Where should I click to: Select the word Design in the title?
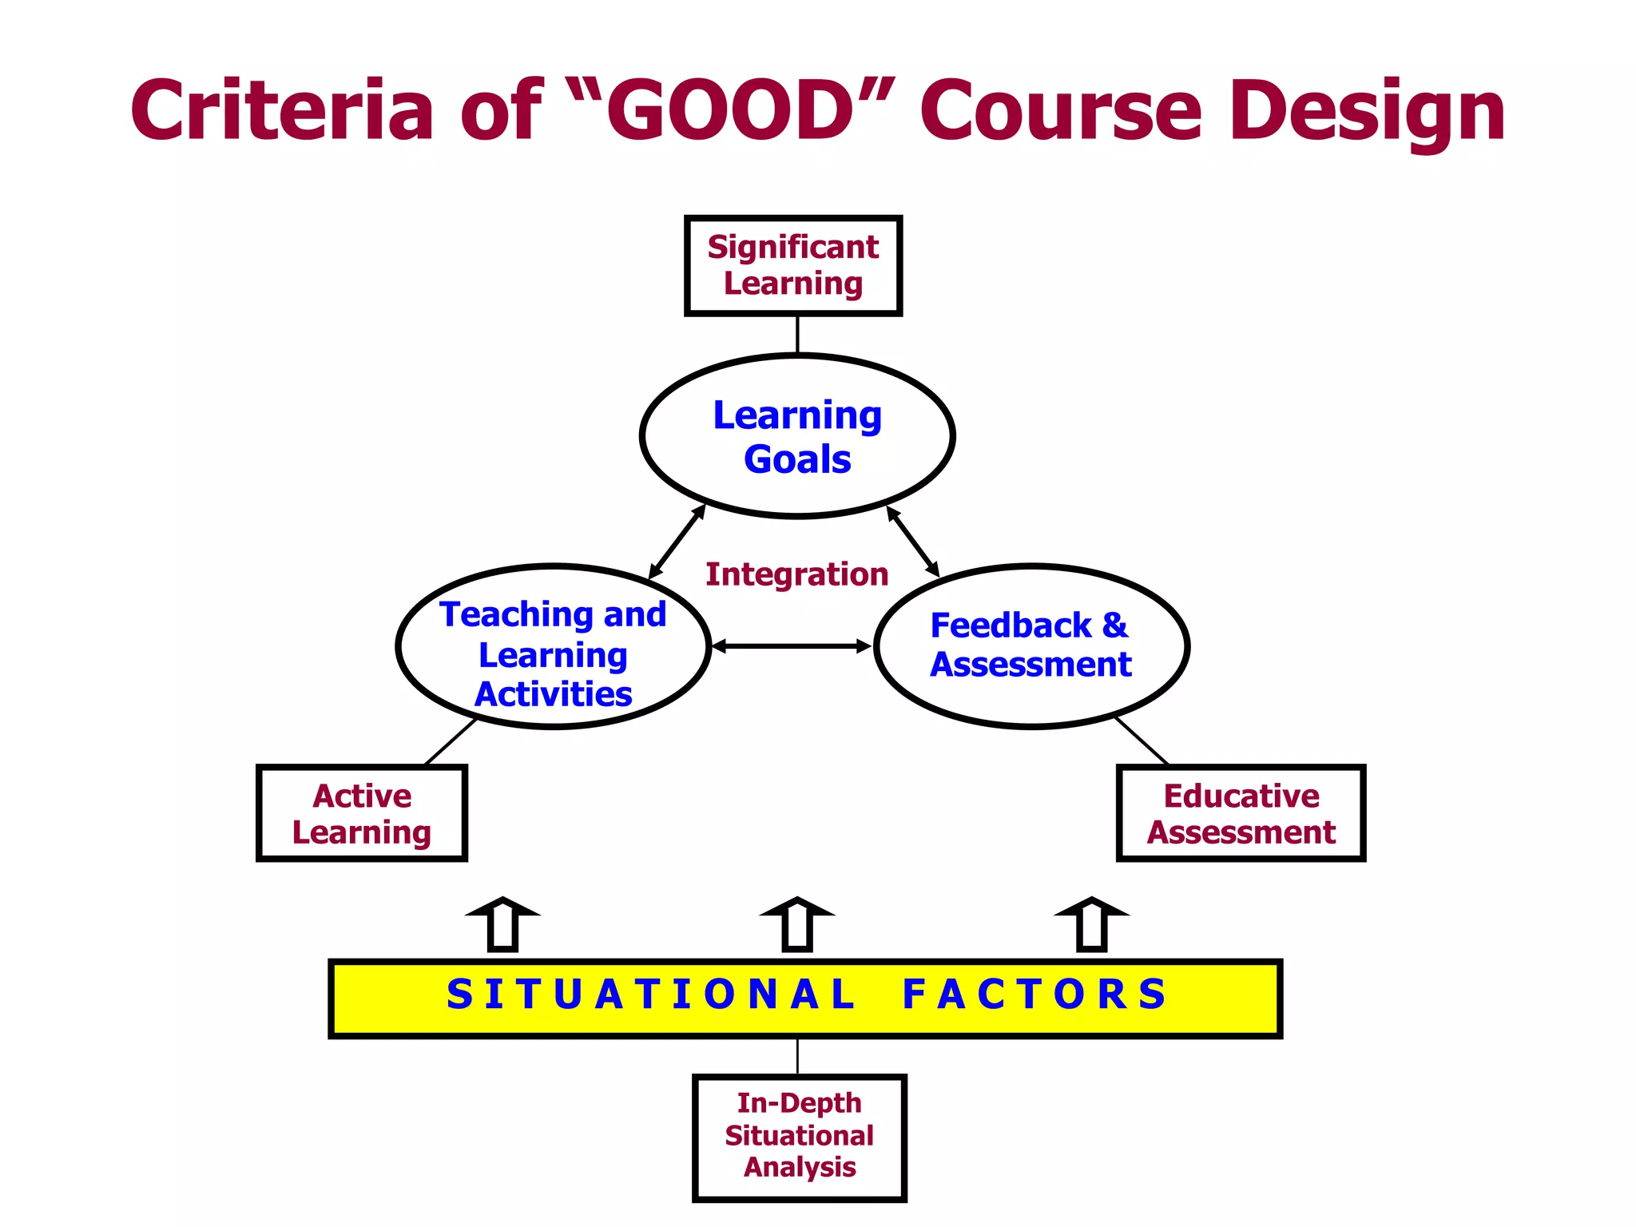tap(1367, 112)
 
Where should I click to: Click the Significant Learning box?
tap(793, 265)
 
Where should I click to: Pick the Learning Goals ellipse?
tap(797, 436)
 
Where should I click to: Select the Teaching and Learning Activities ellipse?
tap(553, 647)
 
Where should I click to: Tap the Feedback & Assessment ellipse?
tap(1031, 645)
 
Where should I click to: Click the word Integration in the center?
tap(796, 574)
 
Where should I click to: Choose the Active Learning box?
tap(362, 813)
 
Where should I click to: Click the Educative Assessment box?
tap(1241, 813)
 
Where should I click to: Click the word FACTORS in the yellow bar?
tap(1035, 995)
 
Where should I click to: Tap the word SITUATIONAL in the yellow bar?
tap(650, 995)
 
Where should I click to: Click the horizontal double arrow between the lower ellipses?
tap(791, 646)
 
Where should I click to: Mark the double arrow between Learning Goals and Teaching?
tap(677, 542)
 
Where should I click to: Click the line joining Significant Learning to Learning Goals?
tap(797, 335)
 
